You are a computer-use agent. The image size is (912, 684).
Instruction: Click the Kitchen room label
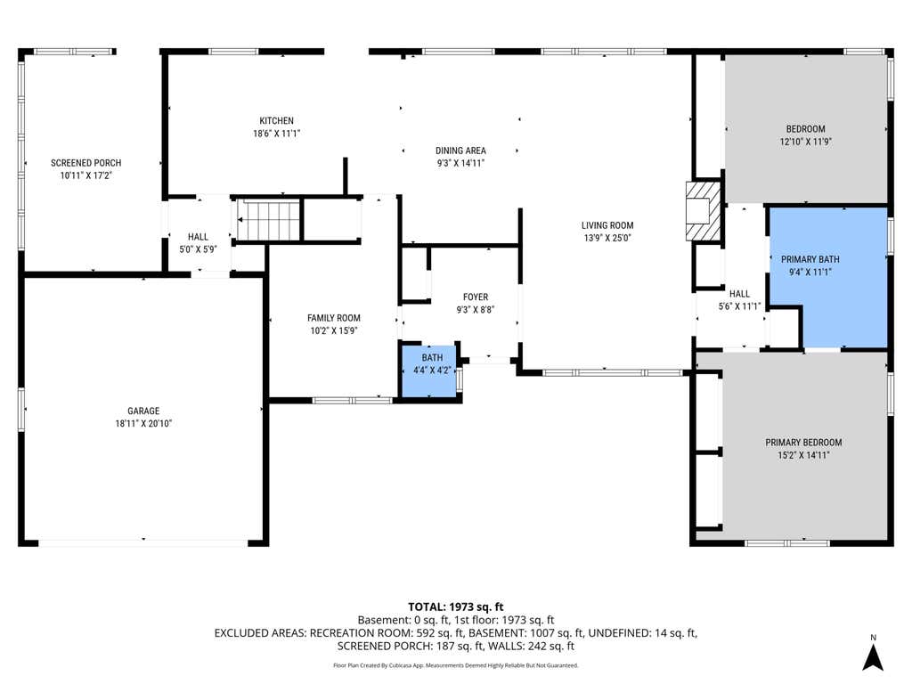click(276, 120)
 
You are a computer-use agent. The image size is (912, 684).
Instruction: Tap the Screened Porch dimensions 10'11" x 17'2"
click(85, 175)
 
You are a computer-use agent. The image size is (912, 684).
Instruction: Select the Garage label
click(143, 411)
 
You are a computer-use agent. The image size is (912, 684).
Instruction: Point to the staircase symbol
click(268, 219)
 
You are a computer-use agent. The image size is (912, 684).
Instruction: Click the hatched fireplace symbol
click(704, 210)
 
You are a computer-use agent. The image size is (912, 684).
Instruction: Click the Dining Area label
click(460, 150)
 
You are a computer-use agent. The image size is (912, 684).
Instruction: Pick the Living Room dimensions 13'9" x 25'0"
click(607, 237)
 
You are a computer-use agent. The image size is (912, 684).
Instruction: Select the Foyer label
click(476, 297)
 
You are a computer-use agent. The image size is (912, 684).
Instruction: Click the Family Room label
click(334, 318)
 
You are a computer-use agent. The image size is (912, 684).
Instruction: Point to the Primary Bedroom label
click(803, 442)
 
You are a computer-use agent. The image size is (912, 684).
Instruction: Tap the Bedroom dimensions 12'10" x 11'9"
click(805, 142)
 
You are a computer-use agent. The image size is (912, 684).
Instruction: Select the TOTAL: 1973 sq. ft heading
click(455, 607)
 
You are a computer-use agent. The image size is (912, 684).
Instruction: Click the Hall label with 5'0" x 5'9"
click(198, 237)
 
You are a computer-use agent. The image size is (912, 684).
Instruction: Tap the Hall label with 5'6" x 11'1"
click(740, 294)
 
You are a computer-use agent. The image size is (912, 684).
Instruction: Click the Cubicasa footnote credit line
click(455, 665)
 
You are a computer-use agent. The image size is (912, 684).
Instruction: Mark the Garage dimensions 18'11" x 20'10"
click(143, 423)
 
